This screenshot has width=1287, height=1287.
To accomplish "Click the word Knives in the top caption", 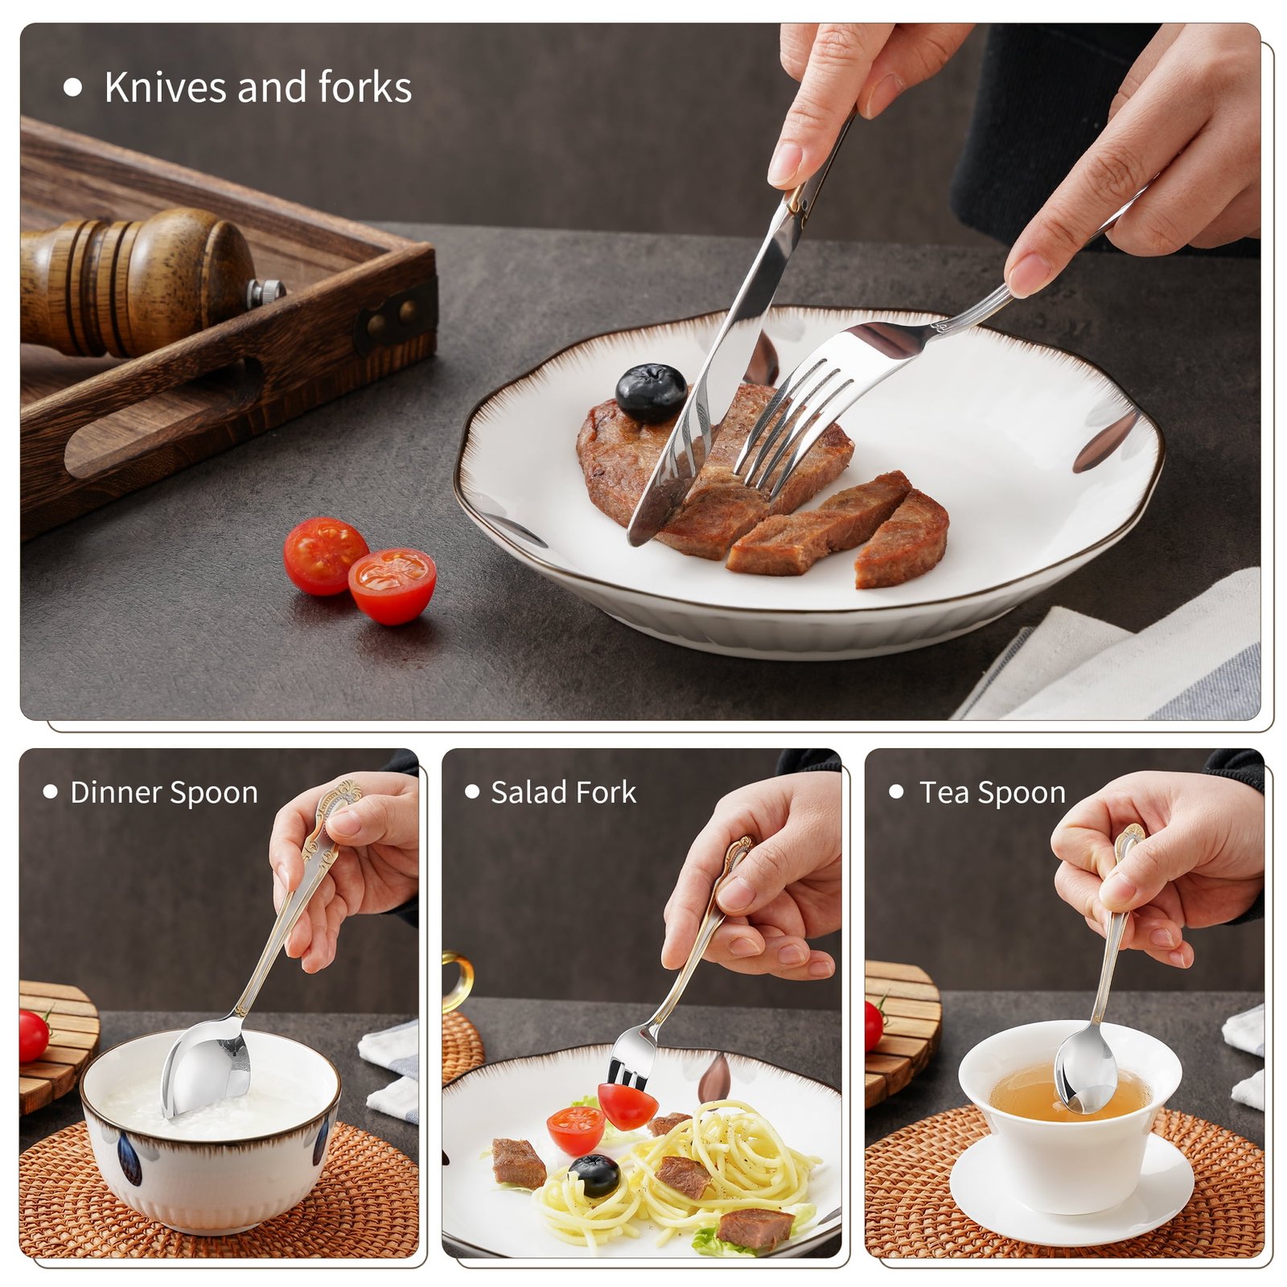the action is pyautogui.click(x=165, y=87).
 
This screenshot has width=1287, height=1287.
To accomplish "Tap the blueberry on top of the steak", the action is pyautogui.click(x=651, y=393).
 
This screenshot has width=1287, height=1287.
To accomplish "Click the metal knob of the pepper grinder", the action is pyautogui.click(x=265, y=292).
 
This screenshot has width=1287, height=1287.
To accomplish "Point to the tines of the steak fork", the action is pyautogui.click(x=792, y=426).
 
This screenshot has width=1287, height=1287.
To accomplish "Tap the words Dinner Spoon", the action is pyautogui.click(x=164, y=792).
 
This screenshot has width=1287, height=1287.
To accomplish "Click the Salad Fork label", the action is pyautogui.click(x=563, y=792).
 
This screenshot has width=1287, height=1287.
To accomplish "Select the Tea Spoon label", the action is pyautogui.click(x=992, y=792).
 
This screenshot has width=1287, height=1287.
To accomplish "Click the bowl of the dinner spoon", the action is pyautogui.click(x=206, y=1066).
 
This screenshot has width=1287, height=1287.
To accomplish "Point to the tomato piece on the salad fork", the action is pyautogui.click(x=627, y=1105).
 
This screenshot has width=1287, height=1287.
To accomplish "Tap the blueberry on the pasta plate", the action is pyautogui.click(x=594, y=1175).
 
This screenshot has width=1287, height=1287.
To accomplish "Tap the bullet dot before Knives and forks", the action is pyautogui.click(x=73, y=88).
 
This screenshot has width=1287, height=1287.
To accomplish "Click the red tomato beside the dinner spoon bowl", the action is pyautogui.click(x=34, y=1036).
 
